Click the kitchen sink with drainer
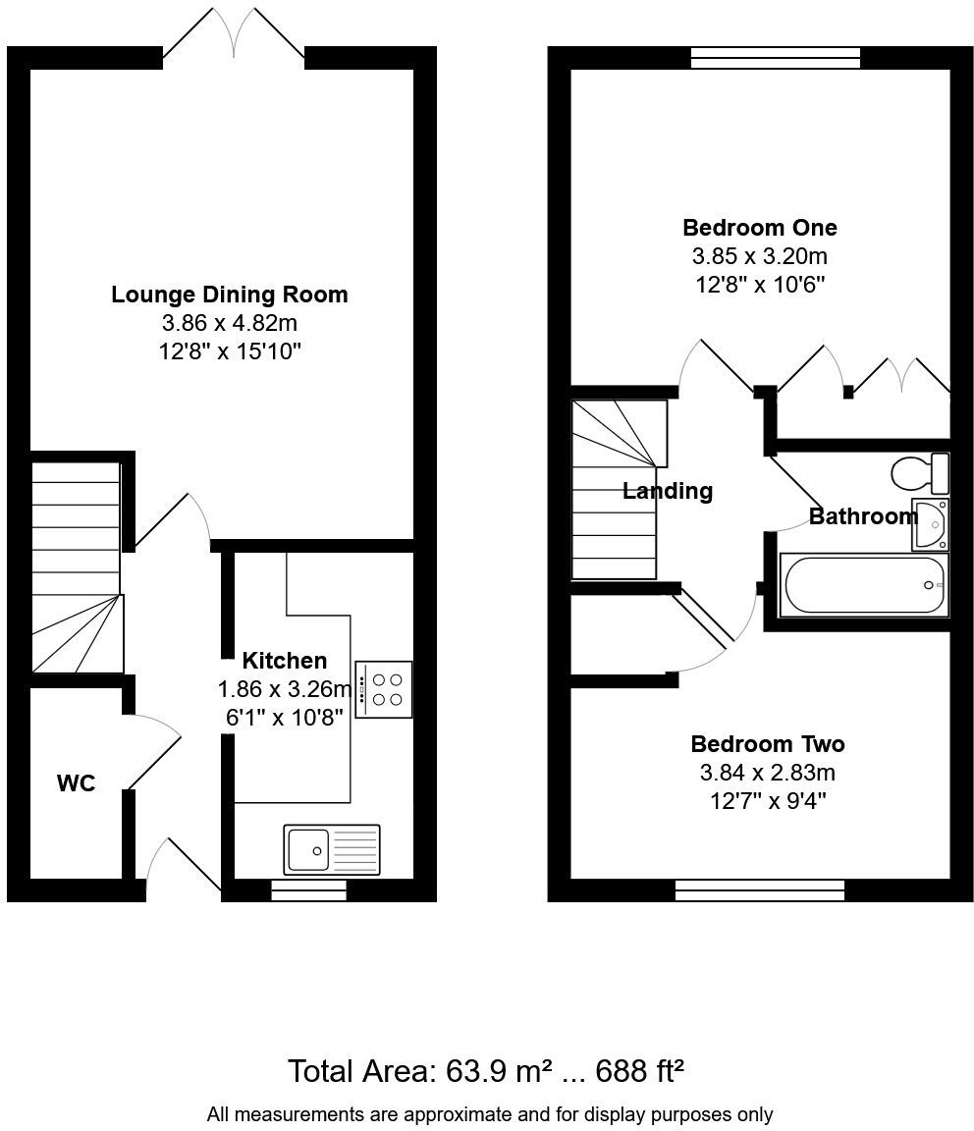(332, 849)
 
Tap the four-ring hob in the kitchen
(384, 689)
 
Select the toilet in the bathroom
(920, 473)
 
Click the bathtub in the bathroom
(864, 586)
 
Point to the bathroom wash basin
(930, 524)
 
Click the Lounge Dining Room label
(229, 295)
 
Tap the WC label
(76, 783)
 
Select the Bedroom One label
(759, 228)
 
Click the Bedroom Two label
(767, 744)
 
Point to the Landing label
(668, 491)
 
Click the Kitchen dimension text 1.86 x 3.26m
(284, 689)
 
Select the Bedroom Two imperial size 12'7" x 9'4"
(767, 801)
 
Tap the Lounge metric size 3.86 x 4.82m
(229, 323)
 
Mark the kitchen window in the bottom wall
(308, 890)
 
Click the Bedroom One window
(776, 58)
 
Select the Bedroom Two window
(759, 890)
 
